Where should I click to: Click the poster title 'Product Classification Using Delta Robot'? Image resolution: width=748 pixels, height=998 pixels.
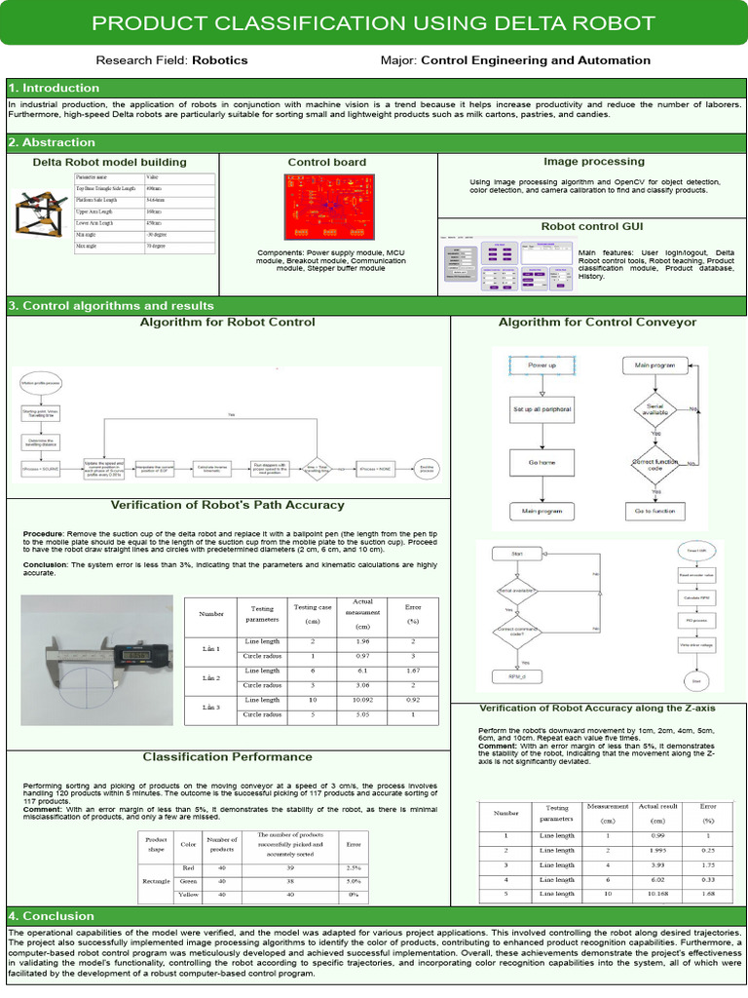click(x=373, y=23)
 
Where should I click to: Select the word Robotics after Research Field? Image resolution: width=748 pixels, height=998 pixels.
click(x=220, y=60)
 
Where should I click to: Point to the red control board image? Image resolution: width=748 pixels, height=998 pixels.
click(x=327, y=207)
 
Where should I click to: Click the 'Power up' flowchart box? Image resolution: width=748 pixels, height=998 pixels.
click(x=542, y=365)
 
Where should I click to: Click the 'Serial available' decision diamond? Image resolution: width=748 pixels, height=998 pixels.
click(x=655, y=409)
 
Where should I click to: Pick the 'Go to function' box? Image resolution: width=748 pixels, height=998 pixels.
click(x=655, y=511)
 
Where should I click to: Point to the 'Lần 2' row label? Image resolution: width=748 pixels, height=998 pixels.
click(x=211, y=677)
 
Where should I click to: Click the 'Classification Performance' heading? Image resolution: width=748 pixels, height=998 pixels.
click(x=228, y=756)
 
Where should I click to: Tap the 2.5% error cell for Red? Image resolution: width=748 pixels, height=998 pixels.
click(x=354, y=867)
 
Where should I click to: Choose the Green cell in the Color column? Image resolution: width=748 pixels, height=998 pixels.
click(x=188, y=881)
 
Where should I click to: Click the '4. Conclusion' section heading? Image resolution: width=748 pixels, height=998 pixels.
click(x=52, y=916)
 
